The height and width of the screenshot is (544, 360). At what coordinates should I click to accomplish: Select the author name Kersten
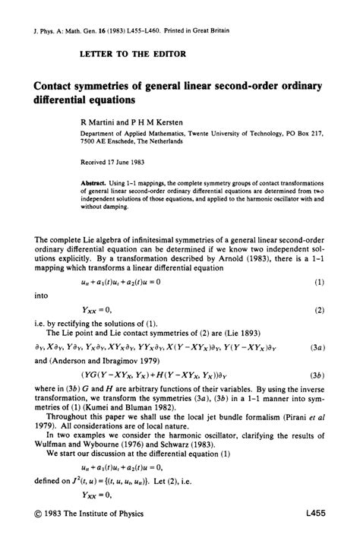pos(155,120)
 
